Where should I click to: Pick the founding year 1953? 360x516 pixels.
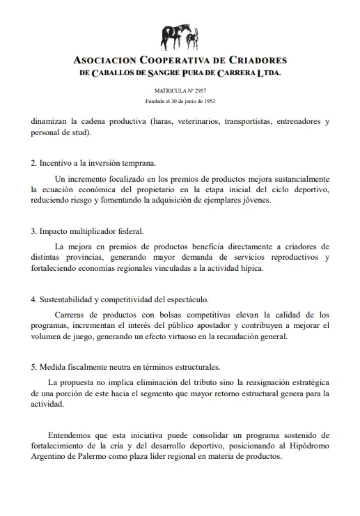click(205, 100)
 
